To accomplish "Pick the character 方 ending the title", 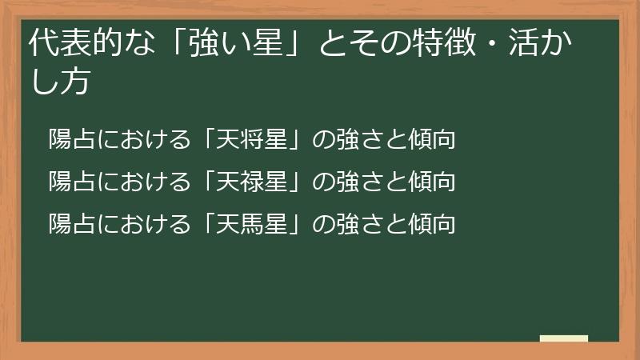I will pos(73,82).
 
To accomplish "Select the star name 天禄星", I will pos(246,182).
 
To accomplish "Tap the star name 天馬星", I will pos(246,223).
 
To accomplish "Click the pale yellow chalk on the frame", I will pos(564,339).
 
